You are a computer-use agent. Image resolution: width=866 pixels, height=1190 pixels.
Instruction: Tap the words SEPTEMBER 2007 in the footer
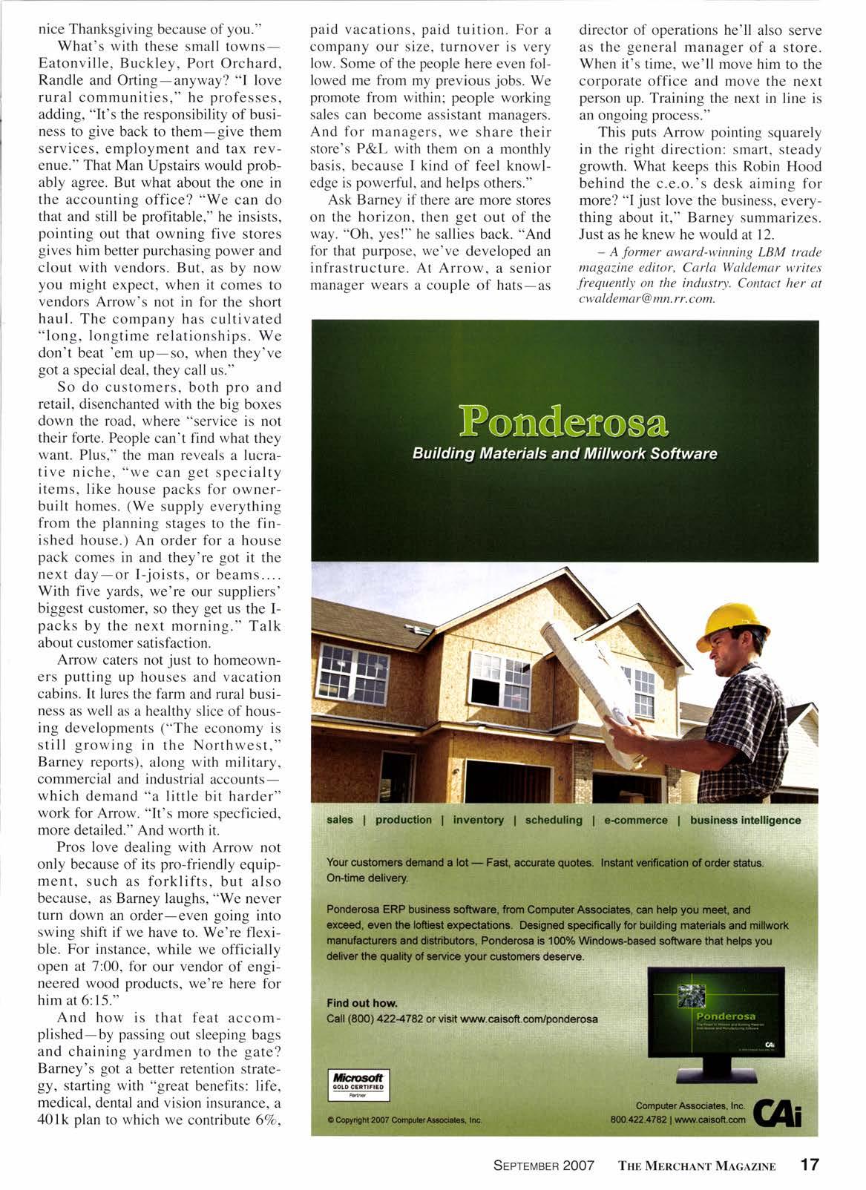tap(544, 1165)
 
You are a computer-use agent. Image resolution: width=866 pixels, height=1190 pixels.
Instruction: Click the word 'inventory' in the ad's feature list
tap(478, 820)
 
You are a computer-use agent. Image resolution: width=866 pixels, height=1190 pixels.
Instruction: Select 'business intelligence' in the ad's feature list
tap(745, 820)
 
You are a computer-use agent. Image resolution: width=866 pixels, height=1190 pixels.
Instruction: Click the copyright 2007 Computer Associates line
tap(405, 1120)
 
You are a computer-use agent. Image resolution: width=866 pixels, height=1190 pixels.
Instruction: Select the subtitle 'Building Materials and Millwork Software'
tap(565, 453)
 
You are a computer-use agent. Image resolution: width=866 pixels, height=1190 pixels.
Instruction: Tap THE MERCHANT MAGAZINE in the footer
tap(697, 1166)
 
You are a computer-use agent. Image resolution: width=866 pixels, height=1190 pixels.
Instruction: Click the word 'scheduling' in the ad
tap(554, 820)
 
